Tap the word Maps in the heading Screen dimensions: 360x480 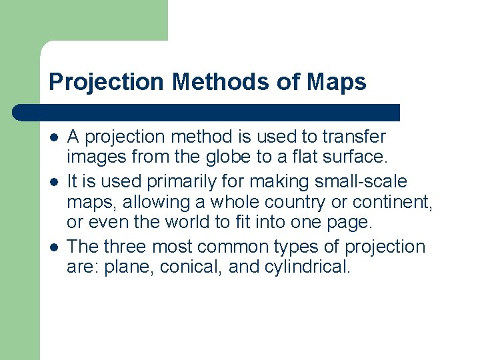click(337, 82)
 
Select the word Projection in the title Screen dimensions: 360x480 click(107, 82)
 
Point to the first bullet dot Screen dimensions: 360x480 click(53, 138)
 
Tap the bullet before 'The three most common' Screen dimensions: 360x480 click(53, 248)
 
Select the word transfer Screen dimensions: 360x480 click(353, 137)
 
